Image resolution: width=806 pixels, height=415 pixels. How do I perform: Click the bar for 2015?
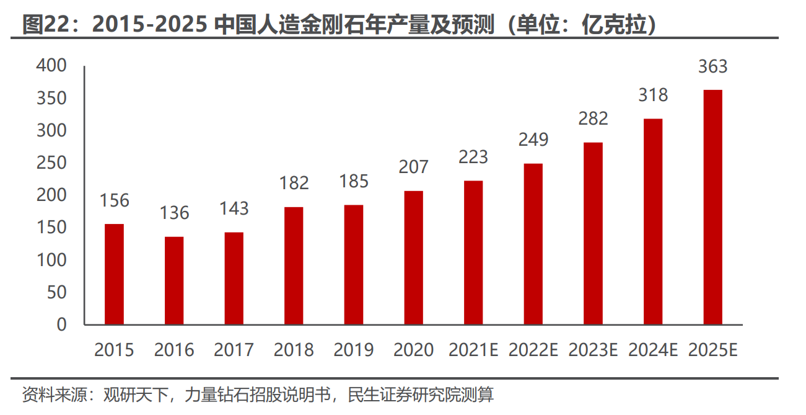(x=114, y=274)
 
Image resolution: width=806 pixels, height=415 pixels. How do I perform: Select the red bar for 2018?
(x=294, y=266)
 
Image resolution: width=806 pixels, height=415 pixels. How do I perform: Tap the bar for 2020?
(x=414, y=257)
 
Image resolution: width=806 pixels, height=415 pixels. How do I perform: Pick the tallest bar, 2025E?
(x=713, y=207)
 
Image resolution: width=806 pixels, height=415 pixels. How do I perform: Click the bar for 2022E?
(x=533, y=244)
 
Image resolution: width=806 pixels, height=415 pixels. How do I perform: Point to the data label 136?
(x=174, y=213)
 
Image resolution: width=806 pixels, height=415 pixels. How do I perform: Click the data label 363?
(x=712, y=66)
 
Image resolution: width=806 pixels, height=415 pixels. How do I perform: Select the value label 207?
(x=414, y=167)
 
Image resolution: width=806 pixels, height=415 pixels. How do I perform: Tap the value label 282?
(x=593, y=118)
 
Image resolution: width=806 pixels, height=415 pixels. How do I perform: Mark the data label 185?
(x=354, y=181)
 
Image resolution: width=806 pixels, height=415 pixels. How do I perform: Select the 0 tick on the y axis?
(x=61, y=324)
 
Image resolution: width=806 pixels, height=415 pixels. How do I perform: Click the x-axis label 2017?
(x=234, y=350)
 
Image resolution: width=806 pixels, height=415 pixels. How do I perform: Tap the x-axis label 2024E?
(x=653, y=350)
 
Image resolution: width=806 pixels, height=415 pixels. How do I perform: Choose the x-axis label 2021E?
(x=473, y=350)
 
